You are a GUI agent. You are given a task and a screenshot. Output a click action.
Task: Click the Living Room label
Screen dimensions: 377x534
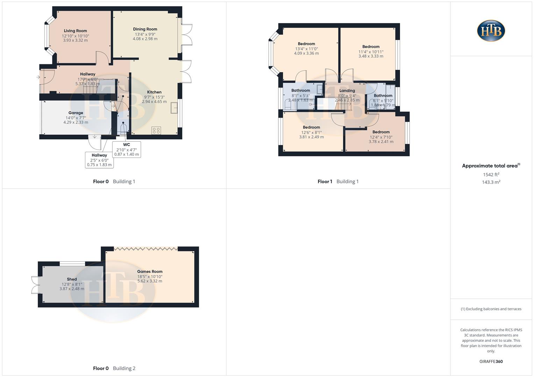pyautogui.click(x=75, y=31)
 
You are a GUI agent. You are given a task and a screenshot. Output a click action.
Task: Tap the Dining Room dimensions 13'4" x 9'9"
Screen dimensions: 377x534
pyautogui.click(x=145, y=34)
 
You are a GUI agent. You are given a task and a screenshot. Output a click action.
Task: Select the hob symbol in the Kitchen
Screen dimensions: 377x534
pyautogui.click(x=156, y=131)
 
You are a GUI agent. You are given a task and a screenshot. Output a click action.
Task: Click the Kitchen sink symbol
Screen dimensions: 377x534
pyautogui.click(x=174, y=108)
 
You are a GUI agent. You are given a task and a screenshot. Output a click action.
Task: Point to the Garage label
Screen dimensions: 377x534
pyautogui.click(x=76, y=113)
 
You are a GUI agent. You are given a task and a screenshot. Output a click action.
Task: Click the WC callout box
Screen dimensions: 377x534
pyautogui.click(x=127, y=149)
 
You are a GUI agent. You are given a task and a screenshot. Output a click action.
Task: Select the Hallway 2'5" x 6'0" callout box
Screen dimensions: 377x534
pyautogui.click(x=99, y=160)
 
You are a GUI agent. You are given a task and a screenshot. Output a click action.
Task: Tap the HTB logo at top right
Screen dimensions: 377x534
pyautogui.click(x=491, y=31)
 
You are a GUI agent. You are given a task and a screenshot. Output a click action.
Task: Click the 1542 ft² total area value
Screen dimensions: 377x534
pyautogui.click(x=491, y=175)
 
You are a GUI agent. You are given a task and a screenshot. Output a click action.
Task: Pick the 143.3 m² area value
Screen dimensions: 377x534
pyautogui.click(x=491, y=182)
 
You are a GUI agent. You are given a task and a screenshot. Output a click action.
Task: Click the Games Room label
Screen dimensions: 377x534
pyautogui.click(x=150, y=271)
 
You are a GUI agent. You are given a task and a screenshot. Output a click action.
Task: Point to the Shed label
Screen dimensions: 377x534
pyautogui.click(x=72, y=279)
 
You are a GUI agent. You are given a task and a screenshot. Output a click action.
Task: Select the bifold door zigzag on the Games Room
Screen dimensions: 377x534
pyautogui.click(x=146, y=249)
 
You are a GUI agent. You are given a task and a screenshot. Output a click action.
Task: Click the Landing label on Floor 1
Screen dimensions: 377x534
pyautogui.click(x=347, y=90)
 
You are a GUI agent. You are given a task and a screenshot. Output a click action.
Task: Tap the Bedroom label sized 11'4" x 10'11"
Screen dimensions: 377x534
pyautogui.click(x=371, y=46)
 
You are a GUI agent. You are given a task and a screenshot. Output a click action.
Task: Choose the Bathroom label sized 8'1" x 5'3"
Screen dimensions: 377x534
pyautogui.click(x=301, y=90)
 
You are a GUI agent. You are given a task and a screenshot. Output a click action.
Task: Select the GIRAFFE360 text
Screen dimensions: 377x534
pyautogui.click(x=491, y=362)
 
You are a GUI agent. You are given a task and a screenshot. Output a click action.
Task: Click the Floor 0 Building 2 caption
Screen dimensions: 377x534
pyautogui.click(x=114, y=368)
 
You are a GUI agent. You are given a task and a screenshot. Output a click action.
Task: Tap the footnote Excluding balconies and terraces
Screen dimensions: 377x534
pyautogui.click(x=491, y=309)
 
